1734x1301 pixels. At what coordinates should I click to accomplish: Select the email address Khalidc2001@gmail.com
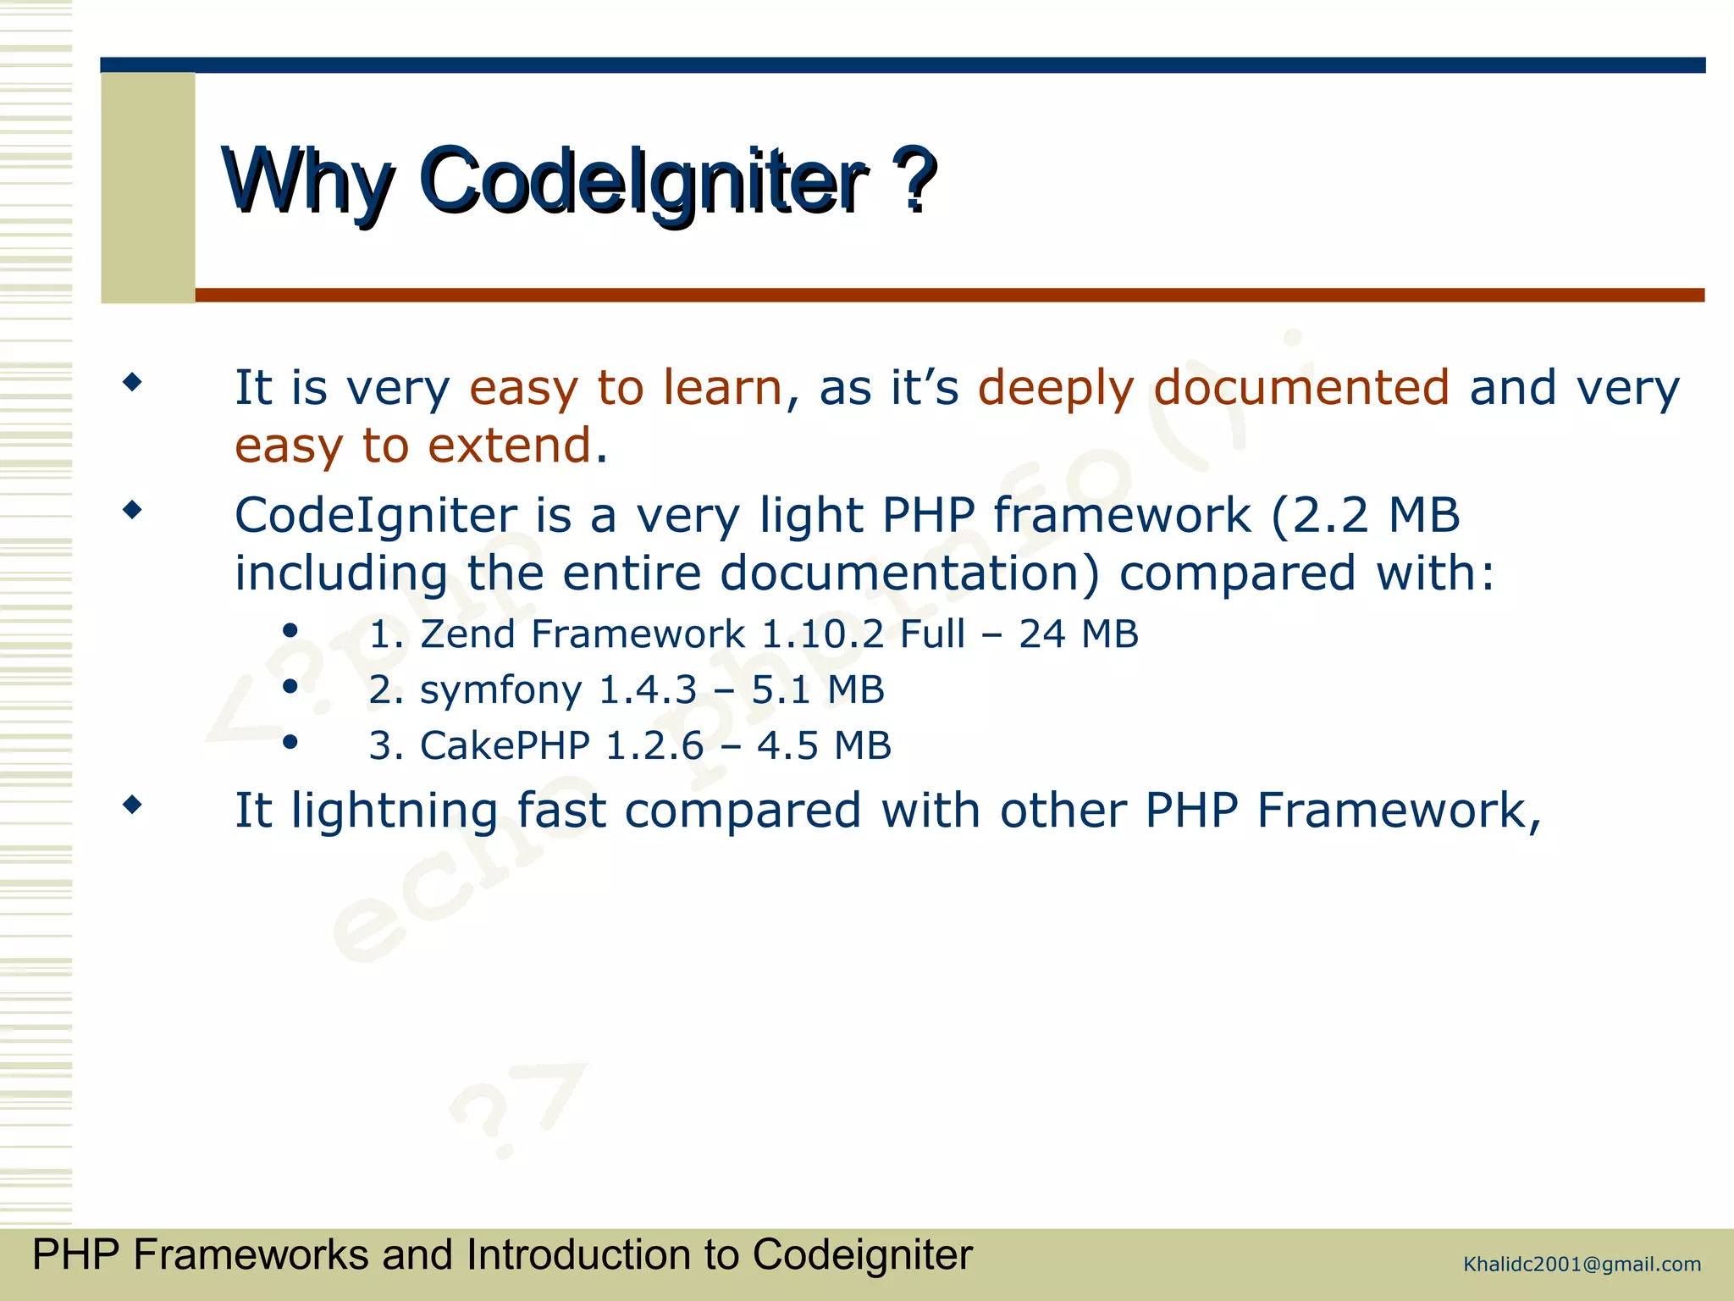tap(1582, 1265)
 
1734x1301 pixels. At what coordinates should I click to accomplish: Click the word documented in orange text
tap(1300, 388)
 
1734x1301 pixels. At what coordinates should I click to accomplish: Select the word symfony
tap(500, 690)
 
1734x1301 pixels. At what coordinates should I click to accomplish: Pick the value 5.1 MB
tap(817, 690)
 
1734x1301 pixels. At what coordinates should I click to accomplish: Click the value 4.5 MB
tap(823, 746)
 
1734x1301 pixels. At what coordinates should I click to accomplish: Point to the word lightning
tap(394, 811)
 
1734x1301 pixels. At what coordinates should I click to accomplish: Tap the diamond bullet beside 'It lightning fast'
tap(132, 804)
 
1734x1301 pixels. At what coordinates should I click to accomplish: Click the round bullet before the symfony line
tap(290, 686)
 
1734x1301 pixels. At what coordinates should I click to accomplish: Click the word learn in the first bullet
tap(722, 388)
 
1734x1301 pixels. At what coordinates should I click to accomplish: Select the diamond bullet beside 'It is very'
tap(132, 382)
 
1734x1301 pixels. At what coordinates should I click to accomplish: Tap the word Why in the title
tap(308, 180)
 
